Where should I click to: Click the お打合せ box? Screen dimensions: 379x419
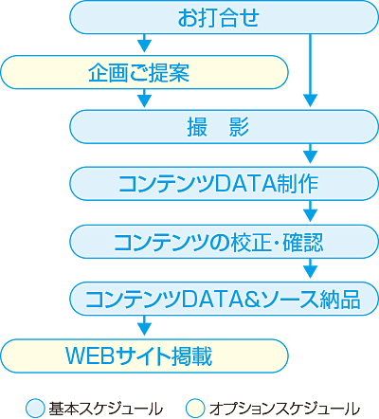click(224, 17)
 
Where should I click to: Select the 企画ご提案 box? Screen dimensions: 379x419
click(144, 72)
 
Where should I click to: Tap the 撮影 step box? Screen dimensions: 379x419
click(224, 127)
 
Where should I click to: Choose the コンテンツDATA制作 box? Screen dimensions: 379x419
click(224, 184)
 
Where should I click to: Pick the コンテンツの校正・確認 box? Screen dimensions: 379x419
click(224, 242)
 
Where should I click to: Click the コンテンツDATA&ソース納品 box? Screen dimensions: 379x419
click(224, 299)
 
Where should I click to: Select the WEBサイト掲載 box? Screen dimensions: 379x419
click(144, 356)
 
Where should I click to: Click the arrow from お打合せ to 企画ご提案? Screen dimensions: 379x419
click(145, 43)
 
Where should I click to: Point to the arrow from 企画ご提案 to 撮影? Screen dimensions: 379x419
click(145, 98)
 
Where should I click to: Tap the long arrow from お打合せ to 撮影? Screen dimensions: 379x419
click(310, 70)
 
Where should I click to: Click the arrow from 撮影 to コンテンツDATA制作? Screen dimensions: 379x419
click(310, 154)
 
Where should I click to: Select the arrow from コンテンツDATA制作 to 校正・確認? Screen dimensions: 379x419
click(310, 211)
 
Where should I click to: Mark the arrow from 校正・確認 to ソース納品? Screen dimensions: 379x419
click(310, 268)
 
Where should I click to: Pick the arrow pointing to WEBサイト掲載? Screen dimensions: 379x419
click(145, 325)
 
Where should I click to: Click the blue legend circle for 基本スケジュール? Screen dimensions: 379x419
click(35, 408)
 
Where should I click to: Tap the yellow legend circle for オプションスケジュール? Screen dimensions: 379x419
click(195, 408)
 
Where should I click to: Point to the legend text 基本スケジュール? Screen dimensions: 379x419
click(106, 409)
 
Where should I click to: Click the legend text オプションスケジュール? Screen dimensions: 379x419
click(284, 409)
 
